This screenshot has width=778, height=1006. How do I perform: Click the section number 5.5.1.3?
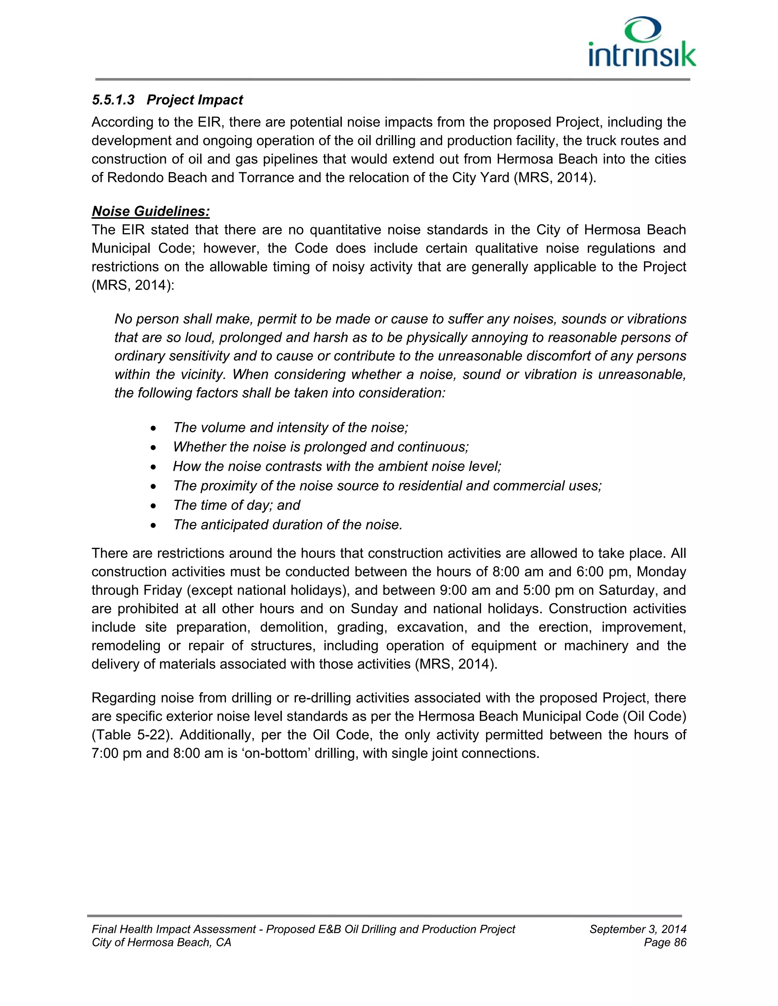[x=113, y=100]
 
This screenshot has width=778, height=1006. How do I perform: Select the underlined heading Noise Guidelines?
[x=151, y=211]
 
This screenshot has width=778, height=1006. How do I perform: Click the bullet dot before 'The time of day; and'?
[x=154, y=506]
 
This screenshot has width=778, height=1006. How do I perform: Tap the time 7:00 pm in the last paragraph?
[x=116, y=754]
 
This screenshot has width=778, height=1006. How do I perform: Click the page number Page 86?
[x=665, y=943]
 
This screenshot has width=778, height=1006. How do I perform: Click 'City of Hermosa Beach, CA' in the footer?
[x=161, y=943]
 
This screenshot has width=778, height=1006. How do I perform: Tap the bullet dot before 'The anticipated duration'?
[x=154, y=525]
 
